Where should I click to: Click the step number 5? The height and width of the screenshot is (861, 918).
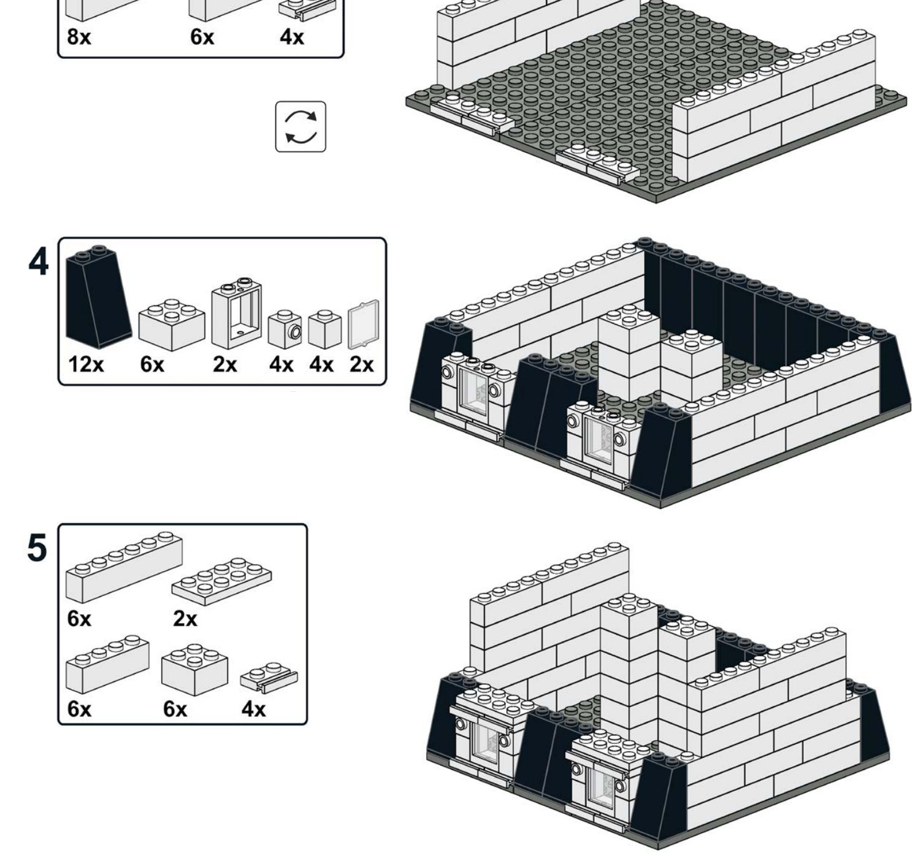pos(37,547)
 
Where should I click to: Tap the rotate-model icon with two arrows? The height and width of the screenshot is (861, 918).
pos(300,127)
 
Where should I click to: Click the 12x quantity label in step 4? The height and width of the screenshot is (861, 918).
pos(86,364)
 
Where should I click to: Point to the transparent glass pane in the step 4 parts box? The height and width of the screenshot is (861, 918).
pos(363,324)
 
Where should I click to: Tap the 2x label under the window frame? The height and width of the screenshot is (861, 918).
pos(224,364)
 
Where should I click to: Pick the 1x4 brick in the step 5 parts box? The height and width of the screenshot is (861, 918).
pos(108,664)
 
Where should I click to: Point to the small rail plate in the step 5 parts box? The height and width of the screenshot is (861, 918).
pos(269,677)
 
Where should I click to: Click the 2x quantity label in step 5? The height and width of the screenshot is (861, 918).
pos(185,618)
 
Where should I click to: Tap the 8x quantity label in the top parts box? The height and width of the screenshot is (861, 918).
pos(79,37)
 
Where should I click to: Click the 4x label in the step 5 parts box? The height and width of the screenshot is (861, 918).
pos(253,709)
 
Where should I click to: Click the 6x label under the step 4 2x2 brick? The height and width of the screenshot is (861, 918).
pos(152,364)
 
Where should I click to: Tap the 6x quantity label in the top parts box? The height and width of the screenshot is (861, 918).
pos(202,37)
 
